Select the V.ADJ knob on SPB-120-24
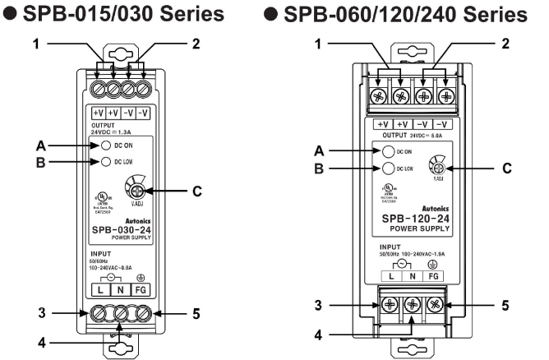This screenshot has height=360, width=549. click(436, 165)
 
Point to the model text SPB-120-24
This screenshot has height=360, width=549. click(413, 218)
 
